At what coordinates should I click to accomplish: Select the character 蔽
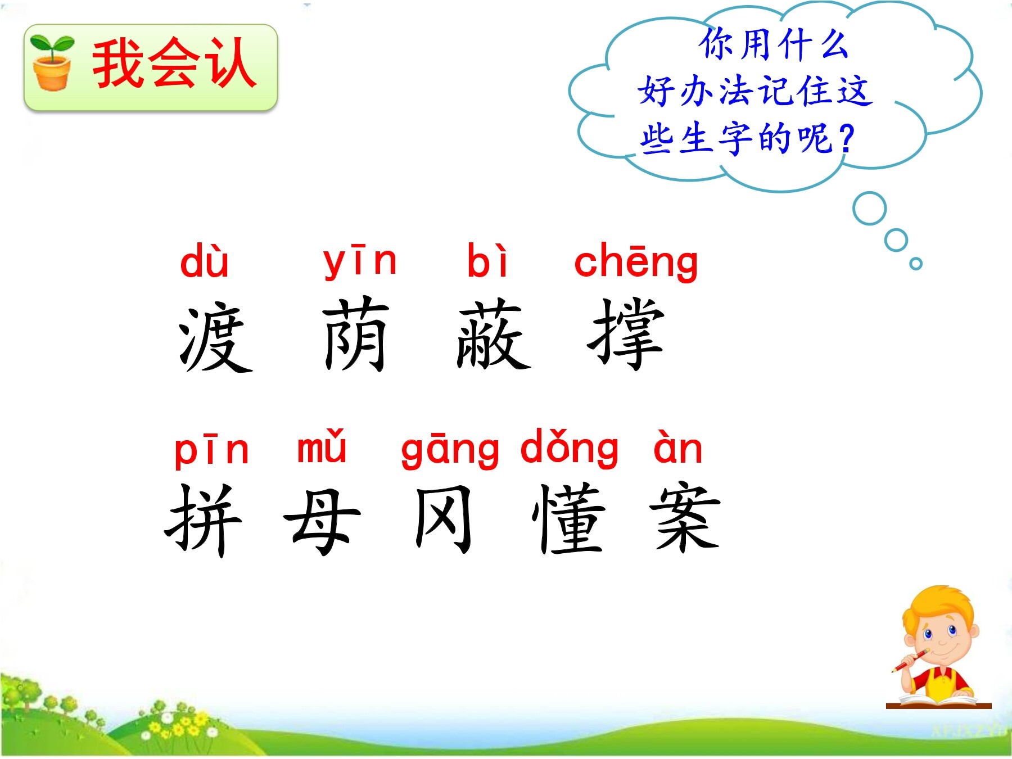tap(493, 334)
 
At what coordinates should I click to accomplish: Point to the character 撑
tap(626, 334)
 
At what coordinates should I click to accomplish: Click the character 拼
tap(204, 520)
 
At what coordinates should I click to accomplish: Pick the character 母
tap(322, 522)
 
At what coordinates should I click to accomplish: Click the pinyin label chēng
tap(636, 262)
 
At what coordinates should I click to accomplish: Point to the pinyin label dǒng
tap(569, 449)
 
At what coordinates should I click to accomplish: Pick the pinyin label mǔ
tap(322, 446)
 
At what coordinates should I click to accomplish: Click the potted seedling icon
tap(52, 62)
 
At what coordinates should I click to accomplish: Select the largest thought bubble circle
tap(869, 209)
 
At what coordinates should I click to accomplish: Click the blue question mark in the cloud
tap(846, 139)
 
